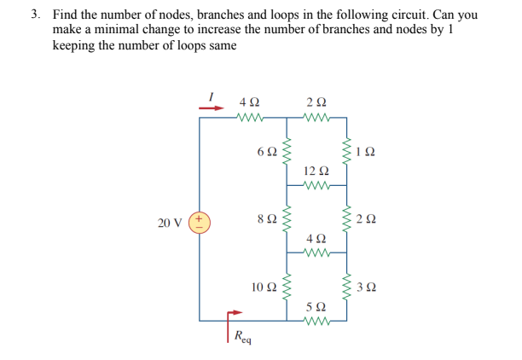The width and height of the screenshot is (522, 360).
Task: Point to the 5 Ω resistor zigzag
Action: [316, 322]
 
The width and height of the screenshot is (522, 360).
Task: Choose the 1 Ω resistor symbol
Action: [346, 151]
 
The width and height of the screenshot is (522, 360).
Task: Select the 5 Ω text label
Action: [315, 305]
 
